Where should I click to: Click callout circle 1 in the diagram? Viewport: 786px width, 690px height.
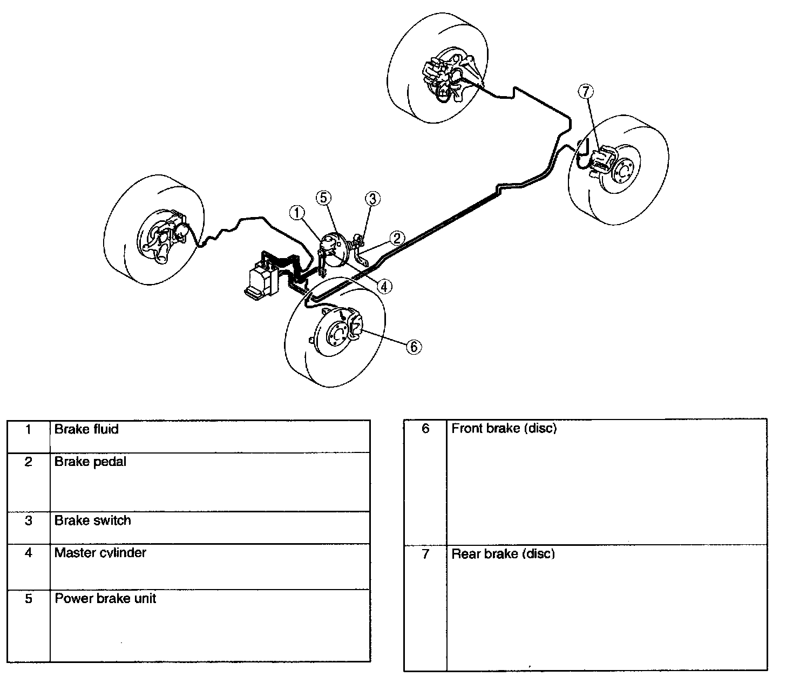(297, 213)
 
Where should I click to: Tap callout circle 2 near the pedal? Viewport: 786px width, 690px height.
(397, 238)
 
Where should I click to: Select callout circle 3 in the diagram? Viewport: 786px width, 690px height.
(372, 199)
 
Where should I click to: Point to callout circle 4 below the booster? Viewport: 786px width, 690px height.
(384, 286)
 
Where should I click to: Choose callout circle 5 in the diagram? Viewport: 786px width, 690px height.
(323, 198)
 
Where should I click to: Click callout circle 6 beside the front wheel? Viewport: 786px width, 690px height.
(414, 347)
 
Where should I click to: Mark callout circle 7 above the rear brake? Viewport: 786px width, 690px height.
(586, 92)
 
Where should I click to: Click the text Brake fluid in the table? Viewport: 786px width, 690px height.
(86, 429)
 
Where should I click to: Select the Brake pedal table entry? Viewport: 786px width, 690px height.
(90, 462)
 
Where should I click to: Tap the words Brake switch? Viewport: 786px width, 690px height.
(92, 520)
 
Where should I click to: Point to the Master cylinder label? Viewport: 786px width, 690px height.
(100, 552)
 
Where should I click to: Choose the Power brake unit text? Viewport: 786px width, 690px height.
(105, 598)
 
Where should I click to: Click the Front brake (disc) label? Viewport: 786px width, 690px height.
(504, 428)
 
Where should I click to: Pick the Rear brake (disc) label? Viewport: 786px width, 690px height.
(503, 553)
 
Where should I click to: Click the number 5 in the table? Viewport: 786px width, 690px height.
(29, 599)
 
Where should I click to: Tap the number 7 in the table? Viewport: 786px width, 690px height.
(425, 554)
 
